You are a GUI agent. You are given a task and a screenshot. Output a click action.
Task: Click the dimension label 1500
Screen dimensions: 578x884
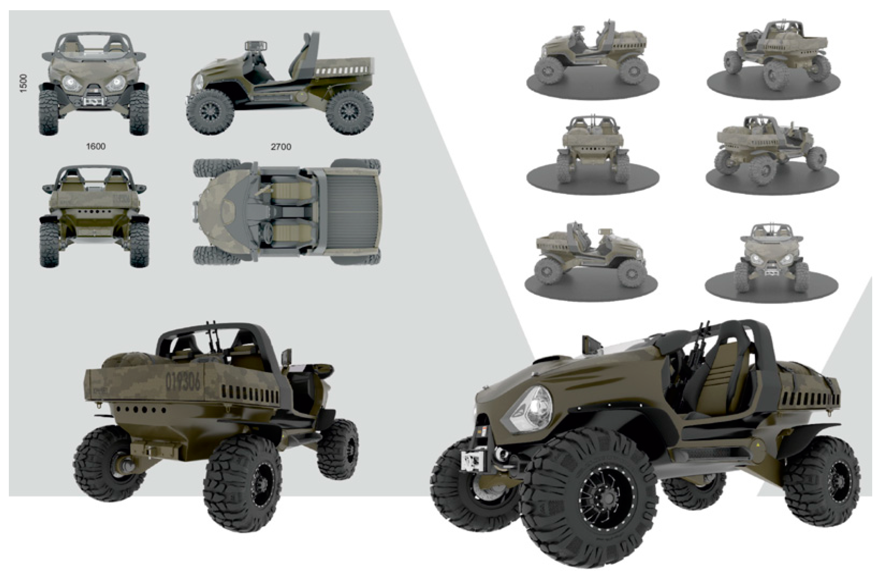click(23, 83)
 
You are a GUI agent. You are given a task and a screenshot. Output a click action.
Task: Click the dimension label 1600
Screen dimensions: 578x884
click(96, 146)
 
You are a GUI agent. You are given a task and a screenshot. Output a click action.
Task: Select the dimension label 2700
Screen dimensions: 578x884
click(281, 147)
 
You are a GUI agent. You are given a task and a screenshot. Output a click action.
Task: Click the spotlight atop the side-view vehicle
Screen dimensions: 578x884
click(256, 46)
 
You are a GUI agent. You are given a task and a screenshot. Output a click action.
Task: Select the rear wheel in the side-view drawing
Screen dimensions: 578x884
click(349, 112)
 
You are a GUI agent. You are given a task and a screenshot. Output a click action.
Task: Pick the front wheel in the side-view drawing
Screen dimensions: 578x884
click(210, 112)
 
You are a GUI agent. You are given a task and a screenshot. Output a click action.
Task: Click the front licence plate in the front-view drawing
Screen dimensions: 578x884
click(94, 101)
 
